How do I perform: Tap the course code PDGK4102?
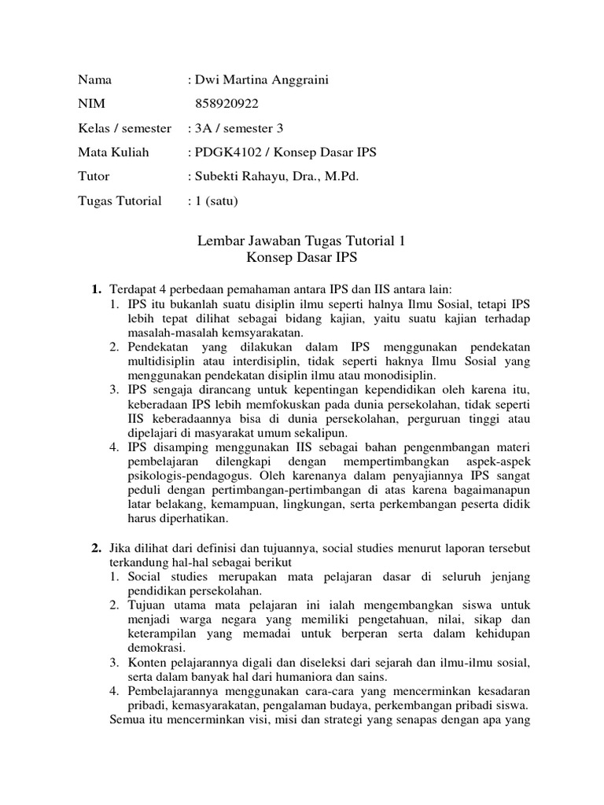point(225,152)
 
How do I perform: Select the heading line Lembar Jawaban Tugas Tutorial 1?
point(302,241)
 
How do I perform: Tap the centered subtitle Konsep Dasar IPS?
point(302,257)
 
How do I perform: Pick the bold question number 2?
point(96,547)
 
